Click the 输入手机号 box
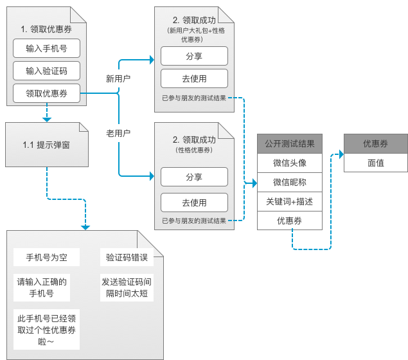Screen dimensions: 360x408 pos(46,48)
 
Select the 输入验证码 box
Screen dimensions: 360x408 pos(46,71)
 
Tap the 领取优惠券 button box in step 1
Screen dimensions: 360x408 pos(46,93)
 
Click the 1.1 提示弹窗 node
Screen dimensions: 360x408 pos(46,145)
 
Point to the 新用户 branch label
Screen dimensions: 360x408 pos(118,78)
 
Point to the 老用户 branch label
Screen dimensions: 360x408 pos(118,133)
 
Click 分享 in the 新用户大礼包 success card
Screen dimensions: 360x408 pos(194,56)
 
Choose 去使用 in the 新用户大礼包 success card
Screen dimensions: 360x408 pos(194,78)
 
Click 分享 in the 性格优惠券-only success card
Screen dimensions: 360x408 pos(194,177)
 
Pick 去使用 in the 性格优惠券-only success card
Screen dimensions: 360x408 pos(194,203)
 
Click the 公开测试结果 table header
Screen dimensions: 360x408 pos(289,143)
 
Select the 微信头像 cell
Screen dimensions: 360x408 pos(289,163)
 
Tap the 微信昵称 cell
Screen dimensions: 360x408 pos(289,182)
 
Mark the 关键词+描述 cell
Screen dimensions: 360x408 pos(289,201)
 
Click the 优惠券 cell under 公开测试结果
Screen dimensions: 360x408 pos(289,221)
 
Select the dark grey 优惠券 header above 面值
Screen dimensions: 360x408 pos(376,143)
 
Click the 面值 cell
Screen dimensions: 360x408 pos(376,163)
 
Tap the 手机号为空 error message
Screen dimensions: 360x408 pos(46,258)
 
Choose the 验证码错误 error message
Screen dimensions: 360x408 pos(127,258)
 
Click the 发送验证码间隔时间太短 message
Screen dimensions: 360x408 pos(127,287)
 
